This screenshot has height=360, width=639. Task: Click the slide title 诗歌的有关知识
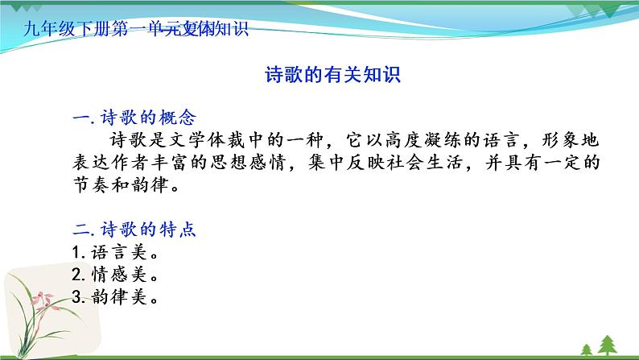(332, 76)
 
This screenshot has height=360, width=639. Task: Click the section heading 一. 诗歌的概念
(134, 118)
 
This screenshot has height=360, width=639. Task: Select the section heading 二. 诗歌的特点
(134, 230)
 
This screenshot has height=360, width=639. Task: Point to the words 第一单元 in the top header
(148, 31)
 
